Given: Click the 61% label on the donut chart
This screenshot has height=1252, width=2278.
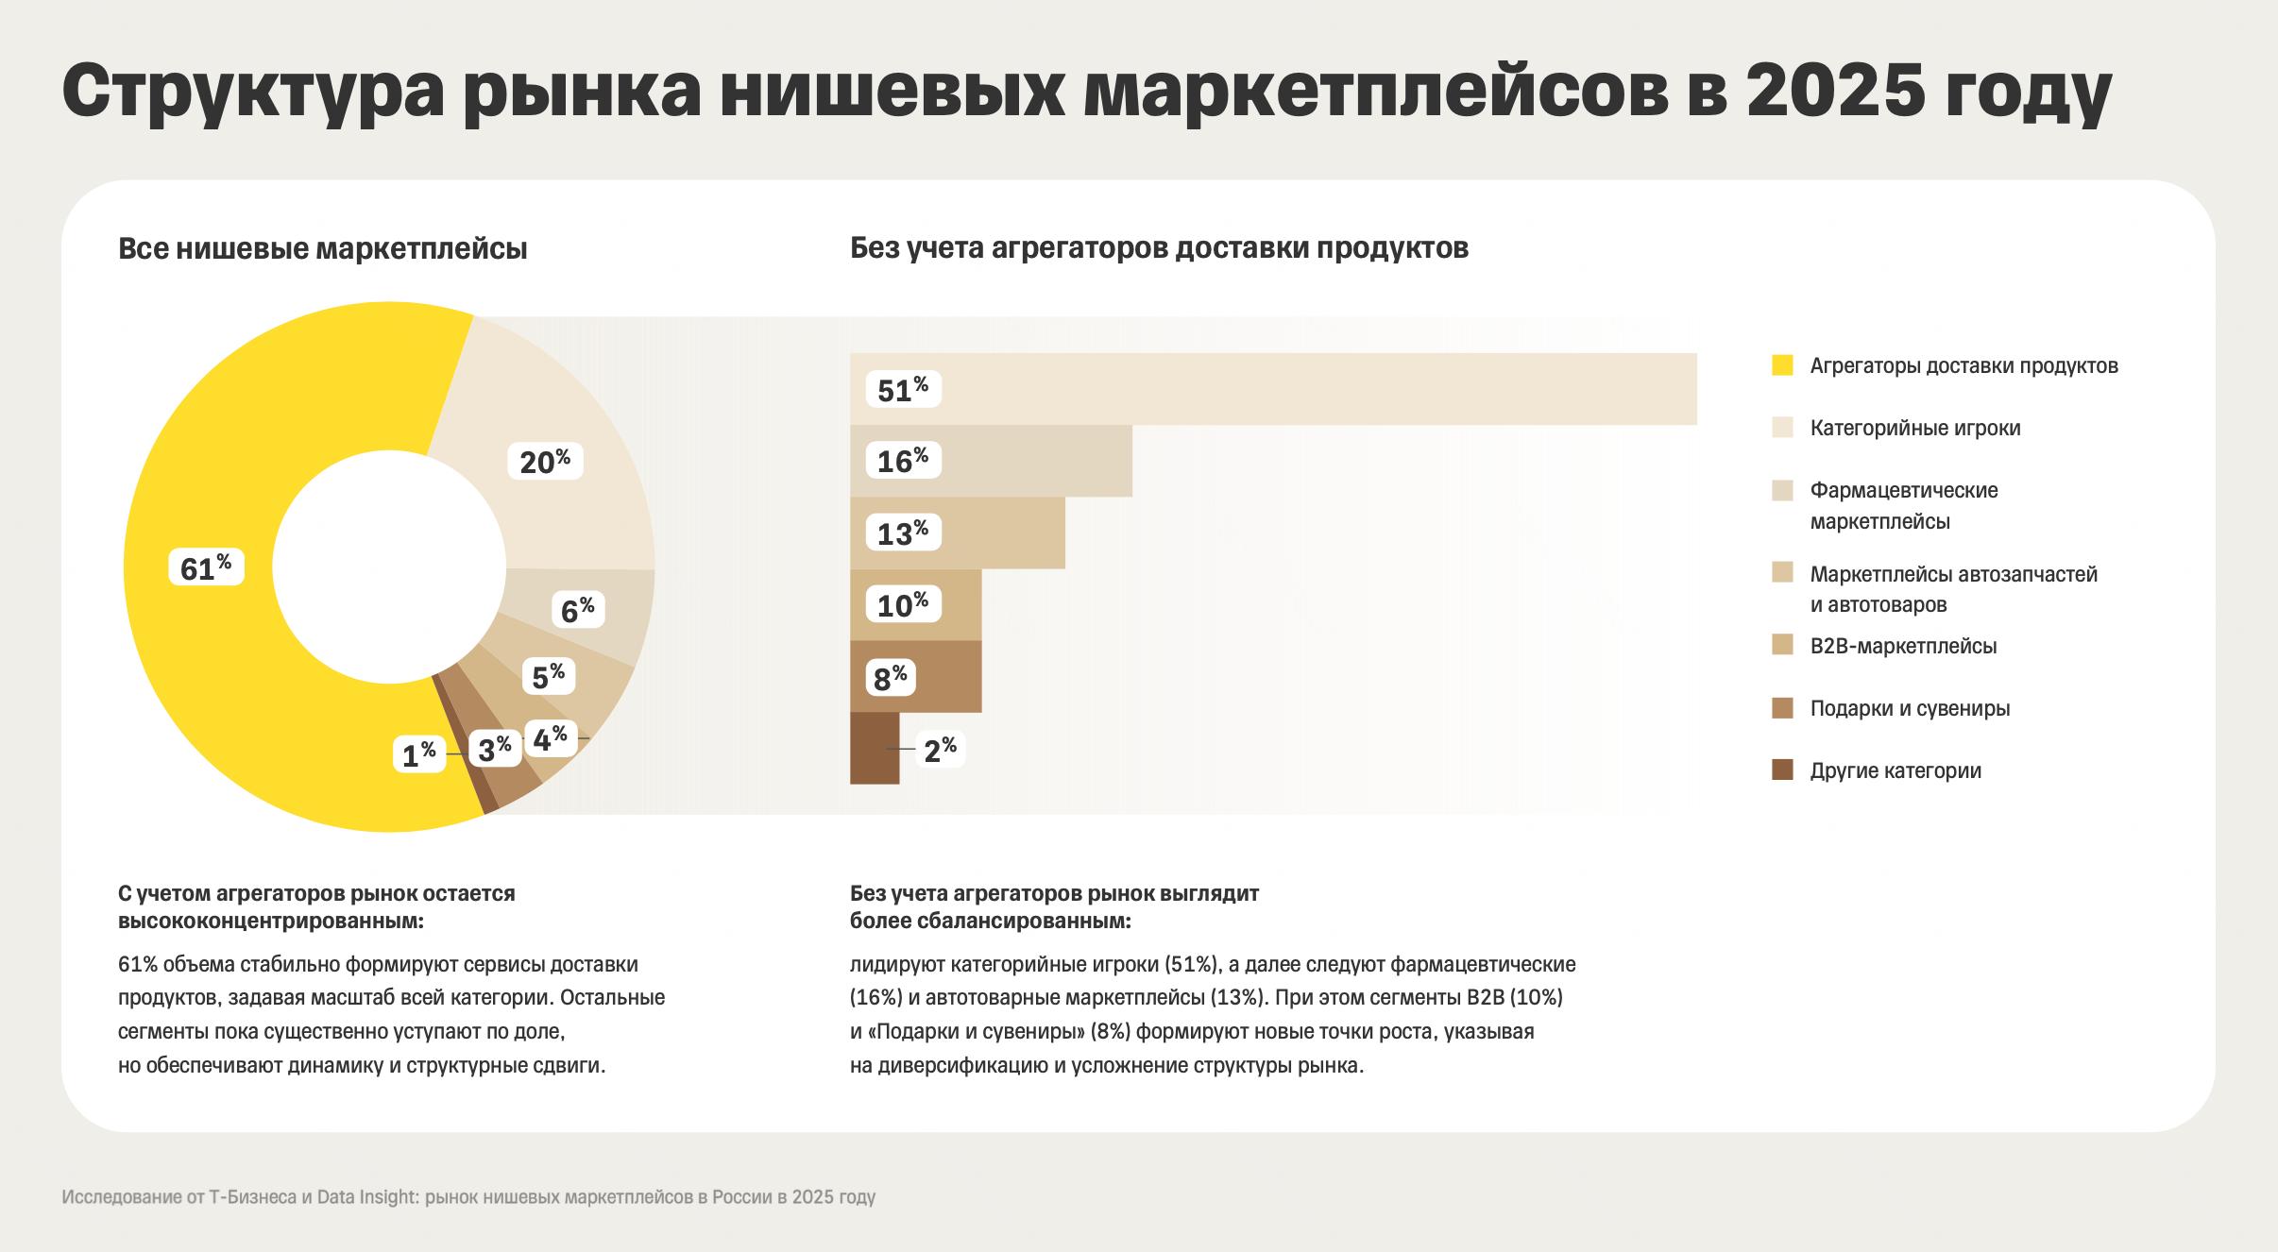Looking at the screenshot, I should point(206,567).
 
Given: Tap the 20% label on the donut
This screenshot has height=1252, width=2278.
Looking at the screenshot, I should point(545,461).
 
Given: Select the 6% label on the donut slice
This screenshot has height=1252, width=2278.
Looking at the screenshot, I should point(577,610).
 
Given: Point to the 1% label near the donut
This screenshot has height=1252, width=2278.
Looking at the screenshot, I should point(418,754).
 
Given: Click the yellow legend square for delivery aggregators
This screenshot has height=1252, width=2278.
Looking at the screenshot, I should point(1782,365).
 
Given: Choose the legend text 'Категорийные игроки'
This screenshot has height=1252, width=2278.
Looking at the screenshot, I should point(1914,428).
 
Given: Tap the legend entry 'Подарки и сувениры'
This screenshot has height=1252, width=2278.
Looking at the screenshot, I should point(1909,708).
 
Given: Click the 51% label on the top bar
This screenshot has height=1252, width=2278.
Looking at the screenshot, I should point(903,389).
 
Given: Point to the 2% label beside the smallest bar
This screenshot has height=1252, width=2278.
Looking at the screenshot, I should point(940,750).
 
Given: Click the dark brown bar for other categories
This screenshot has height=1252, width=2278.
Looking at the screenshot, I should point(874,749).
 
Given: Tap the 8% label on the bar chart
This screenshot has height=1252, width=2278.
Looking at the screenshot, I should point(890,677).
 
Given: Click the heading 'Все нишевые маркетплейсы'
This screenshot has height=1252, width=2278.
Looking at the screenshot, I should point(322,249).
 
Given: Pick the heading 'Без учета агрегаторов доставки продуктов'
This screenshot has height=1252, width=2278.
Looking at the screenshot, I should point(1159,248).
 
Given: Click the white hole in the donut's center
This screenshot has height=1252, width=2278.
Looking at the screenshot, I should point(389,567).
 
